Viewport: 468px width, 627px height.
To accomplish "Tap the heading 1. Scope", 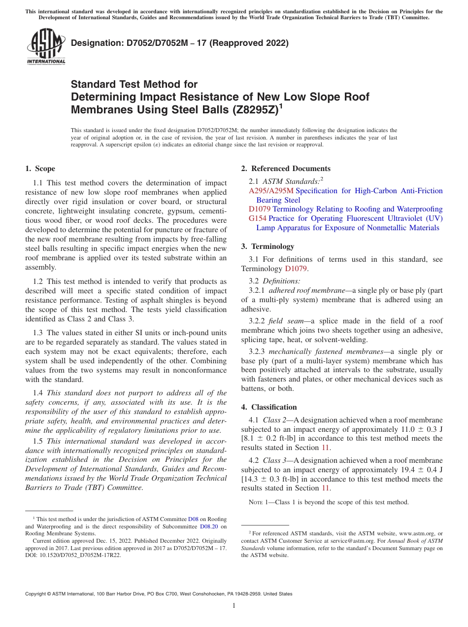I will pos(40,169).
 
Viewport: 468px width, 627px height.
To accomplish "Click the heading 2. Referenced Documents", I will pos(286,169).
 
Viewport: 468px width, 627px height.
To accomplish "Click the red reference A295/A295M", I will pos(271,191).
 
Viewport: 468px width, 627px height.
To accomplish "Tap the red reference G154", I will pos(258,218).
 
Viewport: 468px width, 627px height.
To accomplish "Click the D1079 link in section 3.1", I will pos(297,269).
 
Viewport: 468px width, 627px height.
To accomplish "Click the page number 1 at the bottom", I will pos(234,606).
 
